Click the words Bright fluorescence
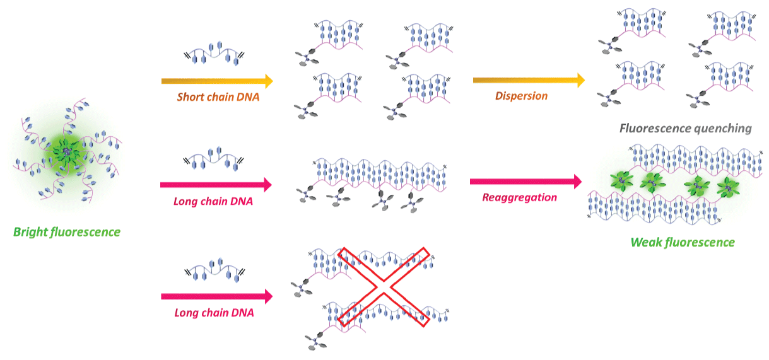[x=67, y=232]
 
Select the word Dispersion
[x=520, y=96]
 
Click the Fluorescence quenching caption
[x=685, y=129]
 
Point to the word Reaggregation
[x=519, y=197]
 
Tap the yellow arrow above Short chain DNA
[x=216, y=81]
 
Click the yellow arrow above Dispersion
[x=528, y=80]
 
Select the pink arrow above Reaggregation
[x=524, y=182]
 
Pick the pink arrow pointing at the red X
[x=216, y=296]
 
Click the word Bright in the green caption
[x=30, y=232]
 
